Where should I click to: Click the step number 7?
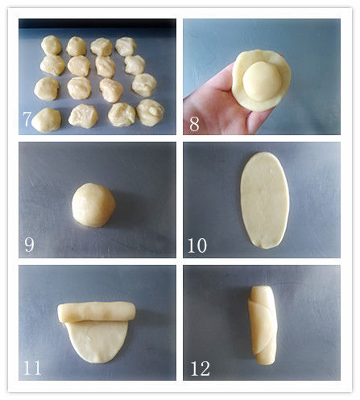coord(27,119)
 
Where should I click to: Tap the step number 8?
coord(194,124)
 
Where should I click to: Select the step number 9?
coord(29,245)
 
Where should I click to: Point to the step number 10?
coord(197,245)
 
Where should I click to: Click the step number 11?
coord(32,368)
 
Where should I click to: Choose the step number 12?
coord(201,369)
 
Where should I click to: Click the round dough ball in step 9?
coord(93,205)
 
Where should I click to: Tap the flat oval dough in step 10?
coord(265,200)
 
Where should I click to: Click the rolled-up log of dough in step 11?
coord(97,312)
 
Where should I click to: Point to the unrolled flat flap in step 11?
coord(97,341)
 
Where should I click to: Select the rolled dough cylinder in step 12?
coord(263,325)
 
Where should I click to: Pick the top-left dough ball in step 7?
coord(52,45)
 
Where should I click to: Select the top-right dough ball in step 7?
coord(126,46)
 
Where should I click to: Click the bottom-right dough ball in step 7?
coord(151,112)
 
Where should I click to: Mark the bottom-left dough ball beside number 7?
coord(47,120)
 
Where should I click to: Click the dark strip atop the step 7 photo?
coord(97,23)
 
